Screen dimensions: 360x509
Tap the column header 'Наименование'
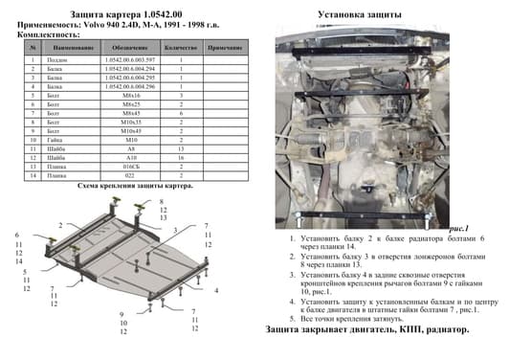66,46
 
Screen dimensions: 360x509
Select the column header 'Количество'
180,46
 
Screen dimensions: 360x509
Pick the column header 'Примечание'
224,46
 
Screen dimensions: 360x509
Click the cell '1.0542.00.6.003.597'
127,60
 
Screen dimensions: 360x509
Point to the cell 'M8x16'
127,97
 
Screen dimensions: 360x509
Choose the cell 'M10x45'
127,132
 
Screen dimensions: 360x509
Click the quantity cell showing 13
180,150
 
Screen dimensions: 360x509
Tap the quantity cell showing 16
180,159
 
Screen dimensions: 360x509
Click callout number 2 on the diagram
61,223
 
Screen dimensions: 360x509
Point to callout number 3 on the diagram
176,231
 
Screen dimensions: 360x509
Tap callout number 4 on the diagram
217,289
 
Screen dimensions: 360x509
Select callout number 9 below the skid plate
122,315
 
